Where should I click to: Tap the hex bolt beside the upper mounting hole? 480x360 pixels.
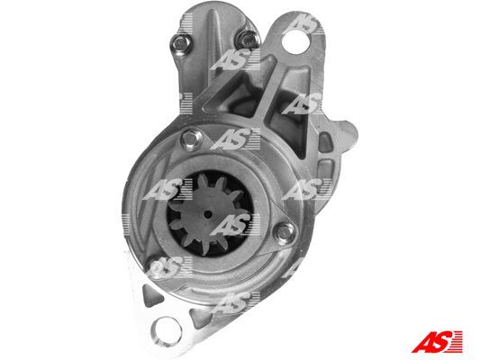tap(249, 40)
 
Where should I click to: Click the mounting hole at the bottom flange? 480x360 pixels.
tap(168, 329)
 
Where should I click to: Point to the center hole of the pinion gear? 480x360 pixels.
tap(208, 214)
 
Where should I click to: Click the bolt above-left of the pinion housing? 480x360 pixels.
tap(191, 139)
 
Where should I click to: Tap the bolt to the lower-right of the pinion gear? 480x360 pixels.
tap(285, 232)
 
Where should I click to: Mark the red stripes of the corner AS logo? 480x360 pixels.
tap(457, 342)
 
